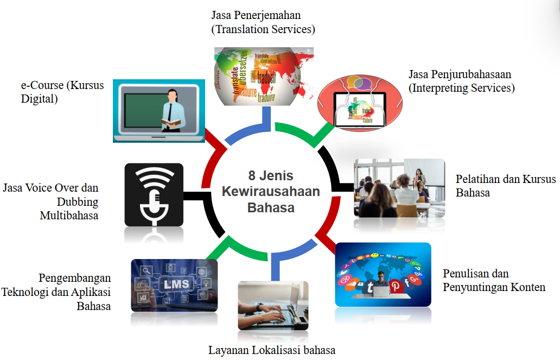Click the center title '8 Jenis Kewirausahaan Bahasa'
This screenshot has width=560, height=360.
(271, 191)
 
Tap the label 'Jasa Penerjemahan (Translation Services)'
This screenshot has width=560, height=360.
(263, 22)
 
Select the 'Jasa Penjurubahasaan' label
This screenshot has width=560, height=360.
(460, 74)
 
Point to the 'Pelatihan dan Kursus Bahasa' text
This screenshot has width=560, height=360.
(506, 186)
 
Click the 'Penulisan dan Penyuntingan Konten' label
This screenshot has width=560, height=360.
(494, 280)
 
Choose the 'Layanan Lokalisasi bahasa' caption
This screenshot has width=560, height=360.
(272, 350)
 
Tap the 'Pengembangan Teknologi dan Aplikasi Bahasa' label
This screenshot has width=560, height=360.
(56, 292)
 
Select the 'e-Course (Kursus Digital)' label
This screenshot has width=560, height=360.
(62, 92)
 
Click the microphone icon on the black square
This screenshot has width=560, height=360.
(154, 195)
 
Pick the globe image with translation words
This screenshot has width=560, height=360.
(264, 77)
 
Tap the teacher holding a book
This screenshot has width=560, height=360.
(172, 111)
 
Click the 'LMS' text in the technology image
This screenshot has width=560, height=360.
(176, 284)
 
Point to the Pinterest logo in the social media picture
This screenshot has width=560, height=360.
(396, 286)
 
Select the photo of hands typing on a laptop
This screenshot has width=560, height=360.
(273, 306)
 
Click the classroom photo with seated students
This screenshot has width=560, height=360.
(399, 188)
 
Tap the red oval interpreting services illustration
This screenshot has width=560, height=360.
(360, 103)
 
